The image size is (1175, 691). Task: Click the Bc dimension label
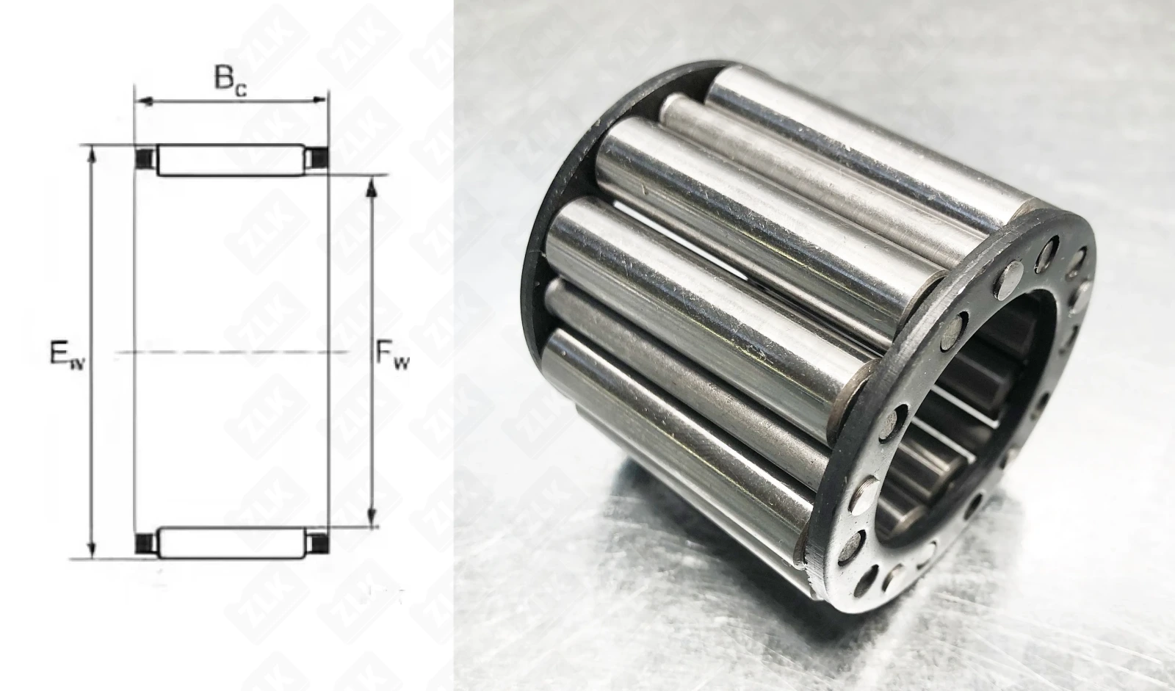pyautogui.click(x=230, y=82)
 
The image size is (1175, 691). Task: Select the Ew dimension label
pyautogui.click(x=67, y=354)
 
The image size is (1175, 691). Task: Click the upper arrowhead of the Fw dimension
pyautogui.click(x=372, y=188)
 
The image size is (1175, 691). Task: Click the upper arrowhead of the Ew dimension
pyautogui.click(x=93, y=156)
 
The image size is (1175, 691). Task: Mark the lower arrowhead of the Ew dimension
pyautogui.click(x=93, y=549)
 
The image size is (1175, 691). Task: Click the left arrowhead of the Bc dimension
pyautogui.click(x=144, y=101)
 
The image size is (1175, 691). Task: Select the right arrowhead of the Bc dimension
pyautogui.click(x=318, y=100)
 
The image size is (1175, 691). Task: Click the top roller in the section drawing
pyautogui.click(x=231, y=160)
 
